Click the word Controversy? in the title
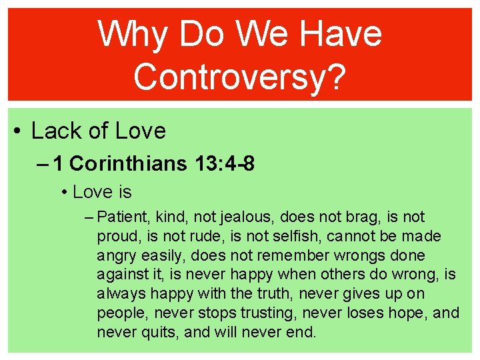click(240, 75)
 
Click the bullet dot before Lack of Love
click(16, 131)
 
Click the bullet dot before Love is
click(64, 193)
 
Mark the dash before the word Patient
click(90, 217)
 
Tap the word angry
click(117, 256)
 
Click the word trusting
click(267, 313)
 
